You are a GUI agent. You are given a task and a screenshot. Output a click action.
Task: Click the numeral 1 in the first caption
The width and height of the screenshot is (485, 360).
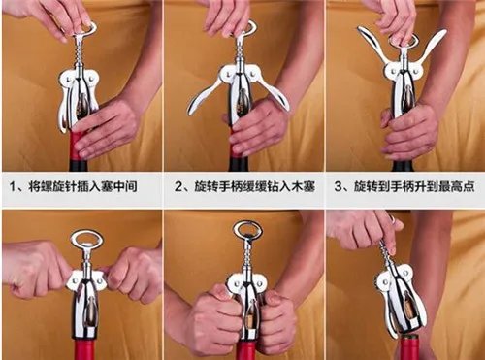(13, 187)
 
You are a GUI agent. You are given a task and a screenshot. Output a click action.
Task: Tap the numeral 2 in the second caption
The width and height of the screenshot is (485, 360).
(178, 187)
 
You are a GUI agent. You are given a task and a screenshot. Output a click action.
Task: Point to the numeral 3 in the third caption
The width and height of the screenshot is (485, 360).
(338, 187)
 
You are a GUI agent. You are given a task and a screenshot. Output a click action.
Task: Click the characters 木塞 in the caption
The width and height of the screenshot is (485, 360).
(303, 187)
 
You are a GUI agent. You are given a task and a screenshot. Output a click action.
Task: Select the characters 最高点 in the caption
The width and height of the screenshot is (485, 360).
(457, 187)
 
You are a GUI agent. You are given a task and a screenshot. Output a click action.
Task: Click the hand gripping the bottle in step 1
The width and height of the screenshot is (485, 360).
(105, 129)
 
